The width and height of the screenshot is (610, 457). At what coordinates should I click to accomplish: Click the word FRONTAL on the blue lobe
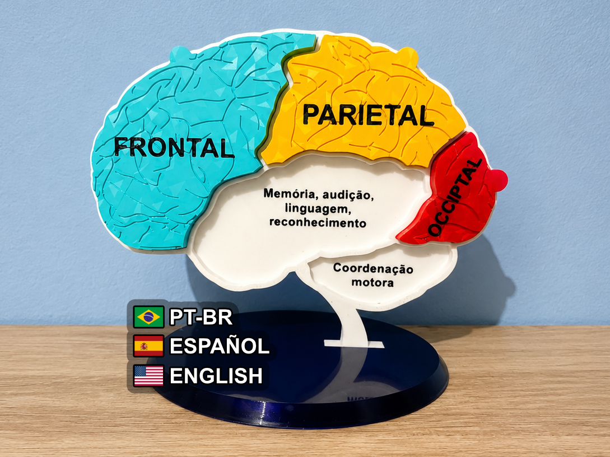(x=174, y=147)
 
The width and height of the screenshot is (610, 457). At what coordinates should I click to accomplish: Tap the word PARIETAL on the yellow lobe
(x=368, y=115)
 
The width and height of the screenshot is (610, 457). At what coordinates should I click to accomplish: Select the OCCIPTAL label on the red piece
(x=455, y=197)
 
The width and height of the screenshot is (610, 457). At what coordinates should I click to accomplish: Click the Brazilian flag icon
(x=148, y=316)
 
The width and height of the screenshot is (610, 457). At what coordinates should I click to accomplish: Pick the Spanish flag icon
(x=148, y=346)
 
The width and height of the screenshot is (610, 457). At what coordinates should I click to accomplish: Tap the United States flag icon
(x=148, y=375)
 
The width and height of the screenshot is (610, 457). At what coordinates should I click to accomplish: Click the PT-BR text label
(x=201, y=317)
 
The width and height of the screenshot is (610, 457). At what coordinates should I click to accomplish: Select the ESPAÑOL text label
(x=220, y=346)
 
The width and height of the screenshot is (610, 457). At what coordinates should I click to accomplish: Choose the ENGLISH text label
(x=216, y=376)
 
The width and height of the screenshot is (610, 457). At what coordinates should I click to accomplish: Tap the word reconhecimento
(x=318, y=222)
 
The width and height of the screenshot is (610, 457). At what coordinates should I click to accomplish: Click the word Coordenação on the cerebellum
(x=373, y=268)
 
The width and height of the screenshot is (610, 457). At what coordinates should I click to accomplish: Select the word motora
(x=372, y=282)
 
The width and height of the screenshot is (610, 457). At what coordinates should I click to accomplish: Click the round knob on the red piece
(x=497, y=180)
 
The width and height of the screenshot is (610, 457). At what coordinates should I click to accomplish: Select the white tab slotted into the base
(x=354, y=344)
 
